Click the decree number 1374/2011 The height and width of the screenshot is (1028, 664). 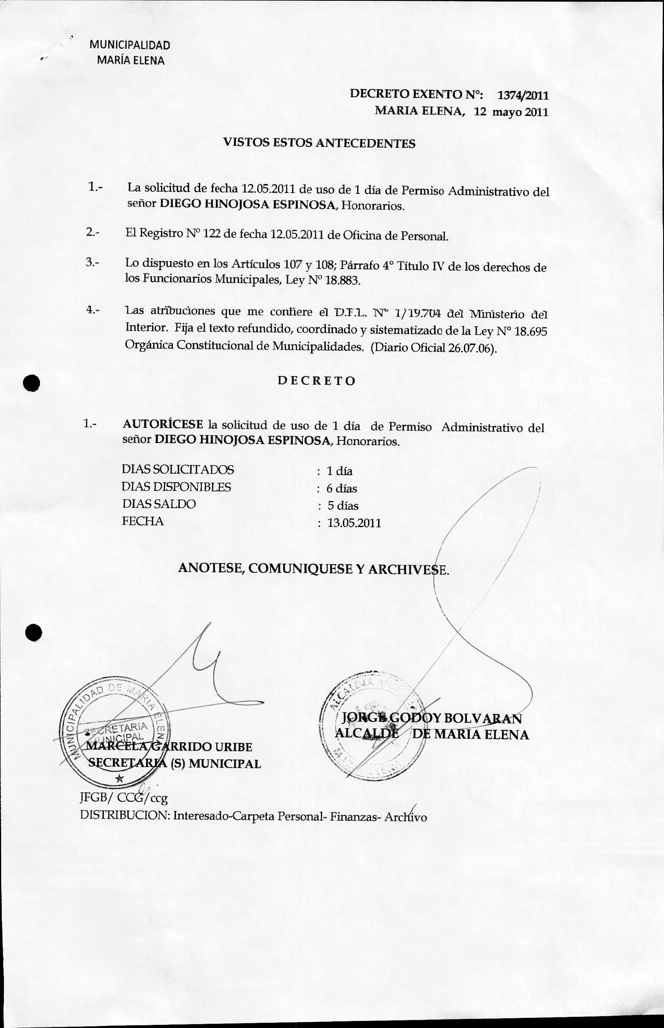coord(523,95)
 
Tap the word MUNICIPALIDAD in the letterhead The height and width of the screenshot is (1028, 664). coord(130,45)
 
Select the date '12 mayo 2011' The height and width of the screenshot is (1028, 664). coord(511,112)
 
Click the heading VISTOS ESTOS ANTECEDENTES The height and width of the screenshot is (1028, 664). coord(319,143)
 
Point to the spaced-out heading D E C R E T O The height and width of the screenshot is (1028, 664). coord(317,381)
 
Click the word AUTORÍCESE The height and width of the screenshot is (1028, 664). coord(163,424)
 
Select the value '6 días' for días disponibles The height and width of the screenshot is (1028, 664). coord(342,489)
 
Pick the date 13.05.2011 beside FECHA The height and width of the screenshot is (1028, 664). coord(354,523)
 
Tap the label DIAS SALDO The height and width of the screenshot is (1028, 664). coord(159,504)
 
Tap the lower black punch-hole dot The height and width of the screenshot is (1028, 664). coord(34,633)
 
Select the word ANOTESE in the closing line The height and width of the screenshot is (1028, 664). coord(210,568)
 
